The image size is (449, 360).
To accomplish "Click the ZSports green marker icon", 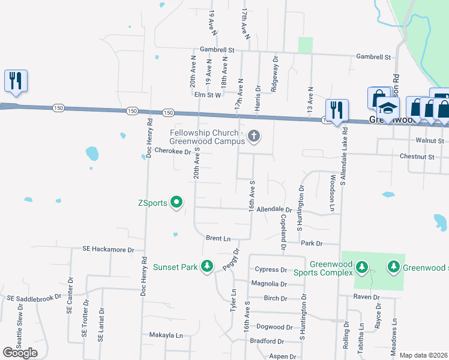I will point(176,203).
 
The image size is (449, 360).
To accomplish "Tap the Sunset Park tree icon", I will point(206,265).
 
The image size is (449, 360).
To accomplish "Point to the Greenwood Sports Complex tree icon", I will point(361,266).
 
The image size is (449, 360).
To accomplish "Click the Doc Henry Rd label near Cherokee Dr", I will point(148,139).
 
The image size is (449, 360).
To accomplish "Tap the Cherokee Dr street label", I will point(172,152).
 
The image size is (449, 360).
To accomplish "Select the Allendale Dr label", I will point(273,210).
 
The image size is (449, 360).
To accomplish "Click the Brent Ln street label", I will point(218,238).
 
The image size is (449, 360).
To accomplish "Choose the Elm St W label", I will point(207,94).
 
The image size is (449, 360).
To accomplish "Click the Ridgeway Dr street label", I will point(276,68).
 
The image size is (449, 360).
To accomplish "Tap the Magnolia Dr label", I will point(268,284).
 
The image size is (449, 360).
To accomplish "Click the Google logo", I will point(20,353).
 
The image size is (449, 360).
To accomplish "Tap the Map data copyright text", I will point(423,355).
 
